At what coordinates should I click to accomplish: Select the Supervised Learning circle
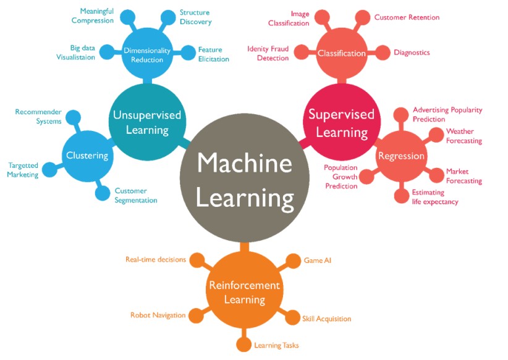(x=341, y=123)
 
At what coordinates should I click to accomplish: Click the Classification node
(x=342, y=53)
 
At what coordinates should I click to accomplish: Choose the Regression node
(x=401, y=156)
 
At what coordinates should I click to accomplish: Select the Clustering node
(x=87, y=156)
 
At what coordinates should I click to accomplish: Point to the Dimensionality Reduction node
(x=143, y=55)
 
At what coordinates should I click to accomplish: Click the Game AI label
(x=318, y=261)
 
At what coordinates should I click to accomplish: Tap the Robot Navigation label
(x=158, y=315)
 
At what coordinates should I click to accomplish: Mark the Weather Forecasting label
(x=464, y=136)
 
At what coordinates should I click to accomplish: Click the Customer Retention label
(x=407, y=17)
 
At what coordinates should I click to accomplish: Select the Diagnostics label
(x=412, y=52)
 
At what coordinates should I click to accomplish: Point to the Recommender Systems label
(x=38, y=117)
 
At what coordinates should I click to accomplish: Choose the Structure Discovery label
(x=195, y=17)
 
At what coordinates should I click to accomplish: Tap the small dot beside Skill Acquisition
(x=292, y=318)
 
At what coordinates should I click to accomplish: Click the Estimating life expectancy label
(x=435, y=197)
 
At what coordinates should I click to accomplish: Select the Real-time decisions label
(x=155, y=259)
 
